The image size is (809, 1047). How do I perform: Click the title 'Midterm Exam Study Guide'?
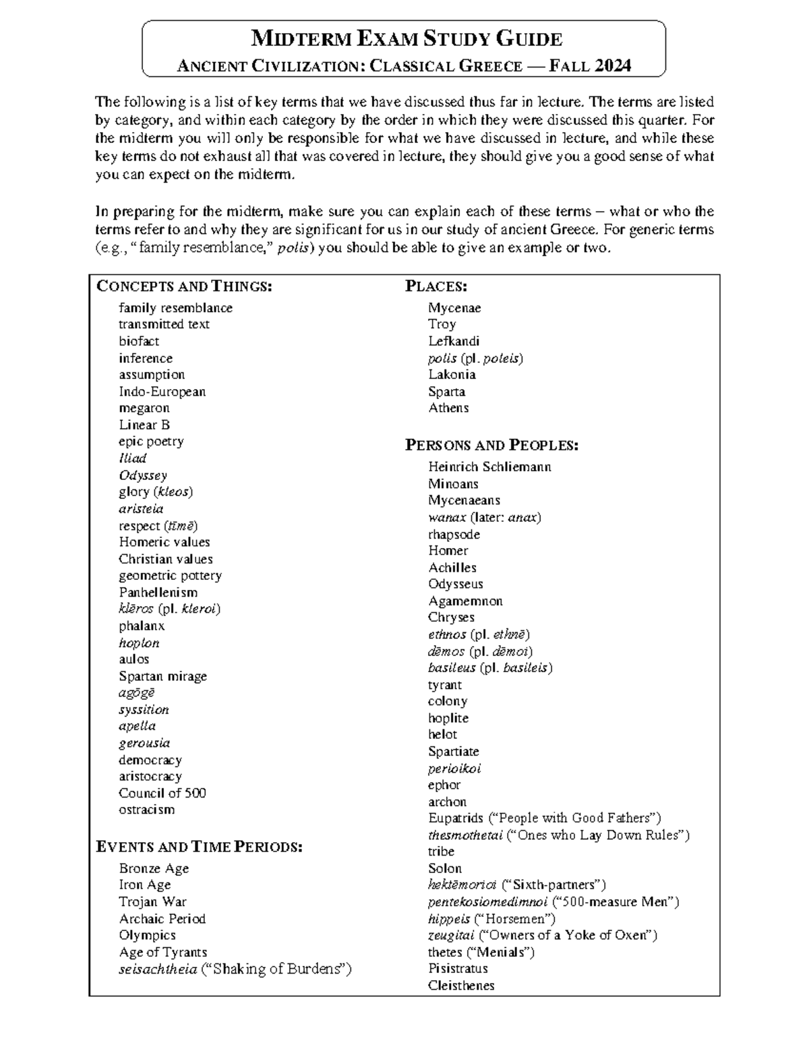tap(406, 39)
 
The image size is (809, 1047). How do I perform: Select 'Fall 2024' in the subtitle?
tap(591, 66)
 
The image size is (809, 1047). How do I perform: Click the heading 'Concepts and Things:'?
tap(184, 287)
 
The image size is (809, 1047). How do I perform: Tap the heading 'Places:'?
tap(436, 287)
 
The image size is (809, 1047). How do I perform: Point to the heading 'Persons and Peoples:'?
tap(491, 446)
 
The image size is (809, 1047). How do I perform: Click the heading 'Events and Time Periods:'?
tap(200, 847)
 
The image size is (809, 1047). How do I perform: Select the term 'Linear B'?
tap(144, 425)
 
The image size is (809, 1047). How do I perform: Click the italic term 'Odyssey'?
tap(143, 475)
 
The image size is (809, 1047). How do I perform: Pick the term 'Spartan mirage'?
tap(162, 676)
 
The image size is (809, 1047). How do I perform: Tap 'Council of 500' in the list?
tap(162, 793)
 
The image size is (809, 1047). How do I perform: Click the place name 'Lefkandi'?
tap(453, 341)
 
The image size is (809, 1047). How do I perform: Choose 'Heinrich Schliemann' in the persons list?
tap(489, 467)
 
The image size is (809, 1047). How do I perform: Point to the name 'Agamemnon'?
tap(465, 601)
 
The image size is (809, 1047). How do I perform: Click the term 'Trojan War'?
tap(152, 901)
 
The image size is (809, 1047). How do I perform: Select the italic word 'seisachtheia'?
tap(158, 969)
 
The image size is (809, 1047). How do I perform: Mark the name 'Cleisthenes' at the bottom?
tap(461, 985)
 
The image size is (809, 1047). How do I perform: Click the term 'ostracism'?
tap(146, 810)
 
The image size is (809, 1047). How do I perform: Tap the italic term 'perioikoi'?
tap(454, 769)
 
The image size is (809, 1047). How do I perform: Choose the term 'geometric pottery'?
tap(170, 576)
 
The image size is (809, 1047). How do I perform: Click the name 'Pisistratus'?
tap(458, 968)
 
